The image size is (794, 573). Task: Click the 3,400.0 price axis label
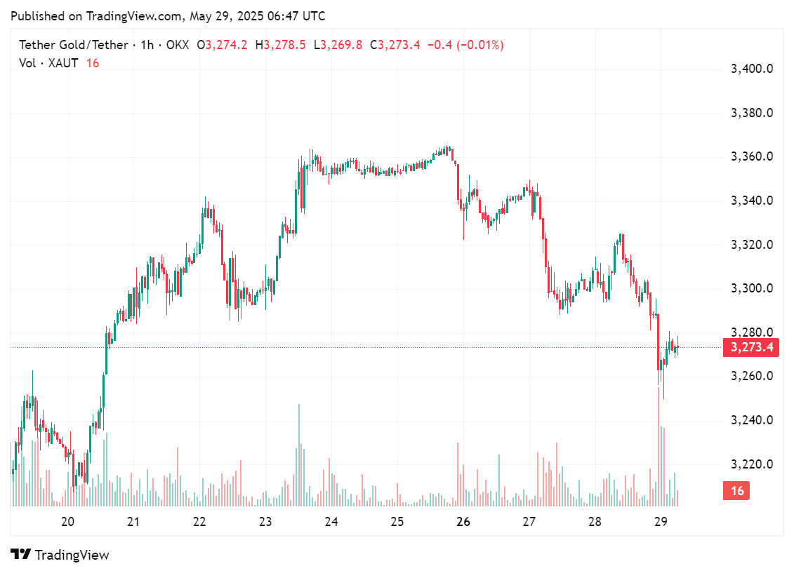[752, 69]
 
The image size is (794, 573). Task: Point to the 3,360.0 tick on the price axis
[752, 156]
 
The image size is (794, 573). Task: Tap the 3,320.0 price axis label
[752, 245]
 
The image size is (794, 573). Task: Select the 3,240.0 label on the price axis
[752, 420]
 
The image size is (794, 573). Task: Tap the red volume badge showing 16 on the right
[736, 491]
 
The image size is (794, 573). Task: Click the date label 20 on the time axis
[68, 522]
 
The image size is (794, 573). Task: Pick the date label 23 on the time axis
[265, 522]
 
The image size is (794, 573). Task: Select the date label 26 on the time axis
[463, 522]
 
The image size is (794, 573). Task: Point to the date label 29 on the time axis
[660, 522]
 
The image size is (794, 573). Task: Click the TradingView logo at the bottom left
[60, 555]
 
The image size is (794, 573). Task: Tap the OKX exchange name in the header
[178, 45]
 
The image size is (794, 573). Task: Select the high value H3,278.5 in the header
[280, 45]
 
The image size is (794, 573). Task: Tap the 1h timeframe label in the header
[147, 45]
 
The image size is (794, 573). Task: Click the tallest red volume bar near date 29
[659, 449]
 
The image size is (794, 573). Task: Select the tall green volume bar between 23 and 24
[299, 456]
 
